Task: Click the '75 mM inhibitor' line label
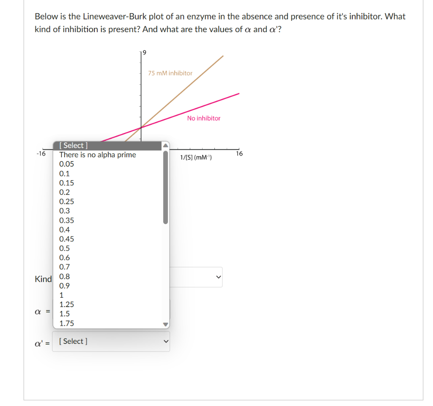coord(170,73)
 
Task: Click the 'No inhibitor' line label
coord(203,118)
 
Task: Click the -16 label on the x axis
coord(41,154)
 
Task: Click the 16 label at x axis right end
coord(239,154)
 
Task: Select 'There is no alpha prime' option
coord(98,155)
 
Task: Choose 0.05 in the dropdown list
coord(67,164)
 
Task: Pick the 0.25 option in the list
coord(67,201)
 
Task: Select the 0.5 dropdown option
coord(65,248)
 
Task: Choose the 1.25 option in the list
coord(67,304)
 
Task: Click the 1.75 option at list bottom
coord(67,323)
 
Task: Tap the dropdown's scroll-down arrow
coord(166,325)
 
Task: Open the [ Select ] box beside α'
coord(112,341)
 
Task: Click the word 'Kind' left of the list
coord(43,279)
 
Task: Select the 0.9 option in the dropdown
coord(65,285)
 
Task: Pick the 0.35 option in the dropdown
coord(67,220)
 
